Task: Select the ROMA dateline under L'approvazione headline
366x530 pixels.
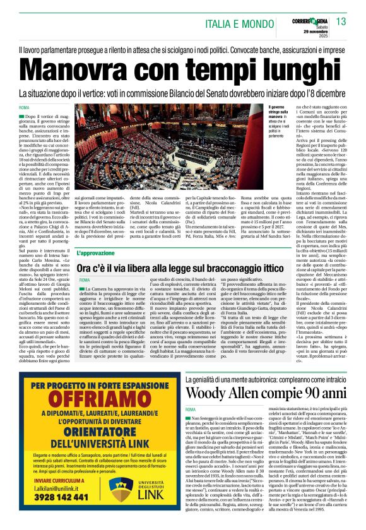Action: coord(85,280)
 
